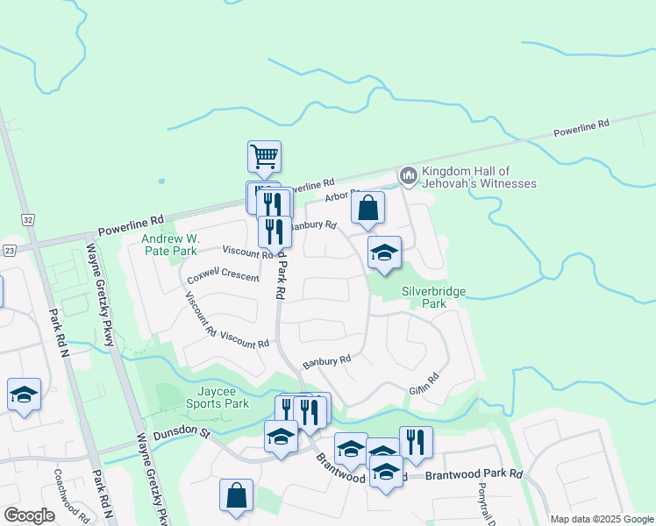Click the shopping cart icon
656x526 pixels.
coord(264,157)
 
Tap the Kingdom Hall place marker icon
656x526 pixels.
coord(408,176)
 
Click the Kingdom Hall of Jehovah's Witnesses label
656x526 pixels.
coord(479,177)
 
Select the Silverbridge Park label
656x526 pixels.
coord(433,297)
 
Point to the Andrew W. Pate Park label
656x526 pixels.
coord(171,245)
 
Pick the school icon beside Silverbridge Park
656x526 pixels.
coord(384,252)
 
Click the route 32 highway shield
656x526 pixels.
coord(29,218)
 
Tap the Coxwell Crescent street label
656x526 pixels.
coord(223,274)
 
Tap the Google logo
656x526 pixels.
coord(29,515)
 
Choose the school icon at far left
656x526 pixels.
coord(24,394)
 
